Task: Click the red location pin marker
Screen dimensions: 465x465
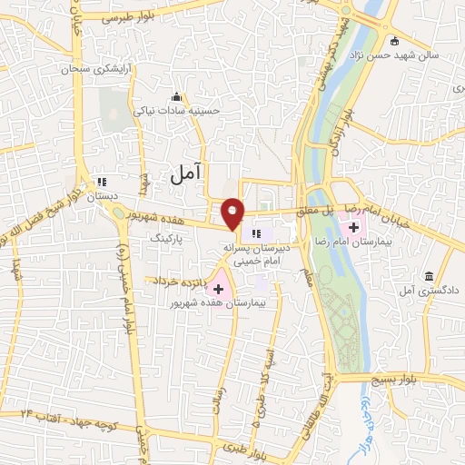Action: pos(233,213)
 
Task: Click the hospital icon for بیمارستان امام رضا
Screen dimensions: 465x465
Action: pos(352,224)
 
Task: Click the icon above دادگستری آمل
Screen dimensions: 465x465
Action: pos(429,275)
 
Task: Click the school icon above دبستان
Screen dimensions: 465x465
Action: pos(102,181)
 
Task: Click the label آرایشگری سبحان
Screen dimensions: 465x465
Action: pos(97,68)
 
